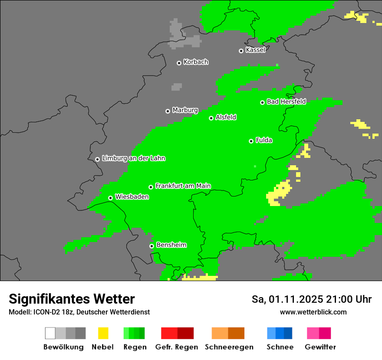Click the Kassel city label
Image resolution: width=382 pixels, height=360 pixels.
click(x=255, y=50)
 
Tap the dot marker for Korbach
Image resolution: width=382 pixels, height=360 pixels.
click(x=179, y=63)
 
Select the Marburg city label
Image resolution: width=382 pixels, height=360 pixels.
click(x=185, y=110)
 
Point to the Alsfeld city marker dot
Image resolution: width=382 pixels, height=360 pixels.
click(x=211, y=118)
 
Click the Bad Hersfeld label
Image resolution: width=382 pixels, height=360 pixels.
click(x=286, y=101)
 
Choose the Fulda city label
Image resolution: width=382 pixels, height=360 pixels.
click(x=264, y=140)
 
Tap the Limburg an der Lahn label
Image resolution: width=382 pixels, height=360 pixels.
click(x=133, y=158)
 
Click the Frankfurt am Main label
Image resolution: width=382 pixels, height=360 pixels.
click(x=183, y=186)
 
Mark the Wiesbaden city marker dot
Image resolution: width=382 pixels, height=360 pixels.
click(x=110, y=198)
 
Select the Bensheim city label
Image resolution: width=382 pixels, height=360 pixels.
click(x=171, y=245)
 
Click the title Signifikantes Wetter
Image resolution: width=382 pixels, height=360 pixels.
click(x=72, y=299)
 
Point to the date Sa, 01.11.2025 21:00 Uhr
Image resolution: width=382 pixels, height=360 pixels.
click(x=311, y=299)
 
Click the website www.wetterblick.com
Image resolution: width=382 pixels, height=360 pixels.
click(x=313, y=312)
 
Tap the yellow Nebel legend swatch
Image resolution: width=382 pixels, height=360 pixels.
click(x=103, y=333)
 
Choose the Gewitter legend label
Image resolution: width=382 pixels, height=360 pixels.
click(x=320, y=347)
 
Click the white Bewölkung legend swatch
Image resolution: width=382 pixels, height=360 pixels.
click(x=50, y=333)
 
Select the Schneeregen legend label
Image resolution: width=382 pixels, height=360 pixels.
click(x=229, y=347)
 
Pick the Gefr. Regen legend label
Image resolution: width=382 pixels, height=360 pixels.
click(x=176, y=347)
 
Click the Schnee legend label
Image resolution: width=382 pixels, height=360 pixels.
click(x=280, y=347)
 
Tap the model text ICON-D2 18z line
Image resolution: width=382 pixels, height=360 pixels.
click(x=79, y=312)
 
